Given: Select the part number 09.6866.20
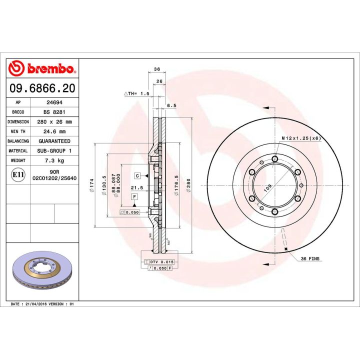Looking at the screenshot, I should coord(42,88).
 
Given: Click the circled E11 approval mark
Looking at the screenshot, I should coord(19,174).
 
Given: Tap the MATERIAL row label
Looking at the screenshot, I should coord(18,150).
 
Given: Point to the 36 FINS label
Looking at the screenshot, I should coord(310,258).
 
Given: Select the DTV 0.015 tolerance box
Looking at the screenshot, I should coord(158,262).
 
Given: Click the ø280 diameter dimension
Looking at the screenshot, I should coord(188,184).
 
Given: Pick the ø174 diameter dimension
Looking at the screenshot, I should coord(91,184).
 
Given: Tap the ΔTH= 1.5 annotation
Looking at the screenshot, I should coord(136,93).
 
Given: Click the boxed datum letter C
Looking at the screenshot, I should coord(136,175).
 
